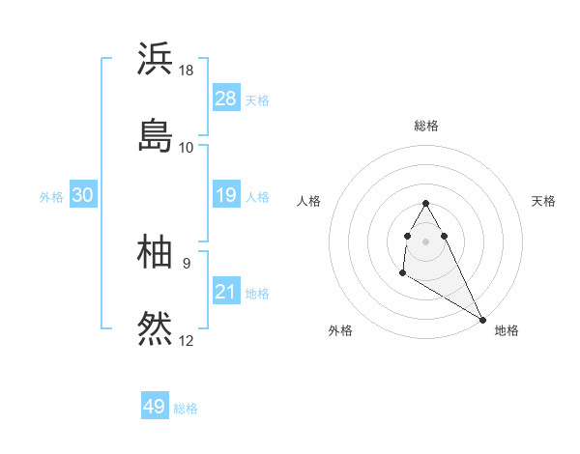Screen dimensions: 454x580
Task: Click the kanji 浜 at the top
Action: (x=156, y=59)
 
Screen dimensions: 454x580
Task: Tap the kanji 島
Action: (x=156, y=134)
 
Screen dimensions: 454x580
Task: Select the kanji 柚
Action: (x=156, y=252)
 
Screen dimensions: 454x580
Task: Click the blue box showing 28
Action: (x=225, y=99)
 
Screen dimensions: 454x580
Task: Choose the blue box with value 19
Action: (x=225, y=195)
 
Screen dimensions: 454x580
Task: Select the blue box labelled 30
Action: (x=83, y=195)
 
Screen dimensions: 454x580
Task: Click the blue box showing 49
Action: (x=155, y=407)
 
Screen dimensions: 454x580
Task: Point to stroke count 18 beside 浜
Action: (x=187, y=71)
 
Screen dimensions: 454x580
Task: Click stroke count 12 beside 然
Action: (x=187, y=340)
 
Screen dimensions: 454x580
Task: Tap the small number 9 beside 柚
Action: (x=187, y=263)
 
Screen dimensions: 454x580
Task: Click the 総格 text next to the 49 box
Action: (x=186, y=409)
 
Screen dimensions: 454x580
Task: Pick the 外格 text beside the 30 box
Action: (x=51, y=196)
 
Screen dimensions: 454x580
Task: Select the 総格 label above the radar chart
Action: (x=426, y=126)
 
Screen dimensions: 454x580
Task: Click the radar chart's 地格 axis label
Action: (x=507, y=330)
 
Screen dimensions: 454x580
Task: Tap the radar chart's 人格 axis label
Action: (x=308, y=201)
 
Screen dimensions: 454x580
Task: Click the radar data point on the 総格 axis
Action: (x=425, y=203)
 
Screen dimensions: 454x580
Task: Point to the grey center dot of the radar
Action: (x=425, y=240)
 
